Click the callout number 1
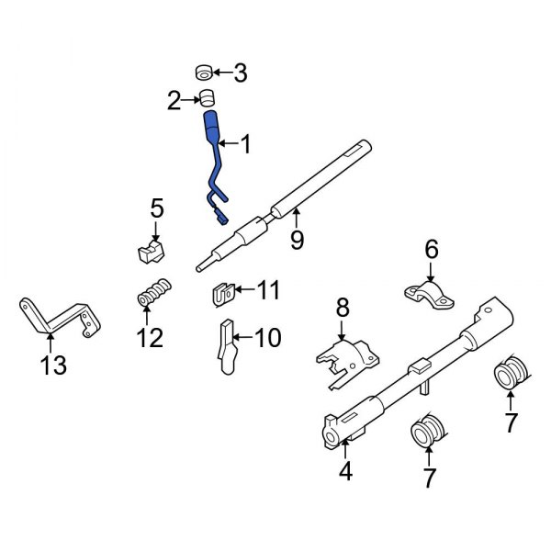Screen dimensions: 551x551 click(244, 143)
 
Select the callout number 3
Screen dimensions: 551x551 click(241, 72)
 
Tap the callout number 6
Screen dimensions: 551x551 click(432, 249)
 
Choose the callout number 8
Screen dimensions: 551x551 click(341, 306)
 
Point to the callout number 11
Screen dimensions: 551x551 click(266, 291)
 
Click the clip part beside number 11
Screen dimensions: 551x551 click(219, 295)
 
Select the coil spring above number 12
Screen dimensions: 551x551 click(154, 294)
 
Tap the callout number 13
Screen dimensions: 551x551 click(53, 366)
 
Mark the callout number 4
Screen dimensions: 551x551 click(345, 473)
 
